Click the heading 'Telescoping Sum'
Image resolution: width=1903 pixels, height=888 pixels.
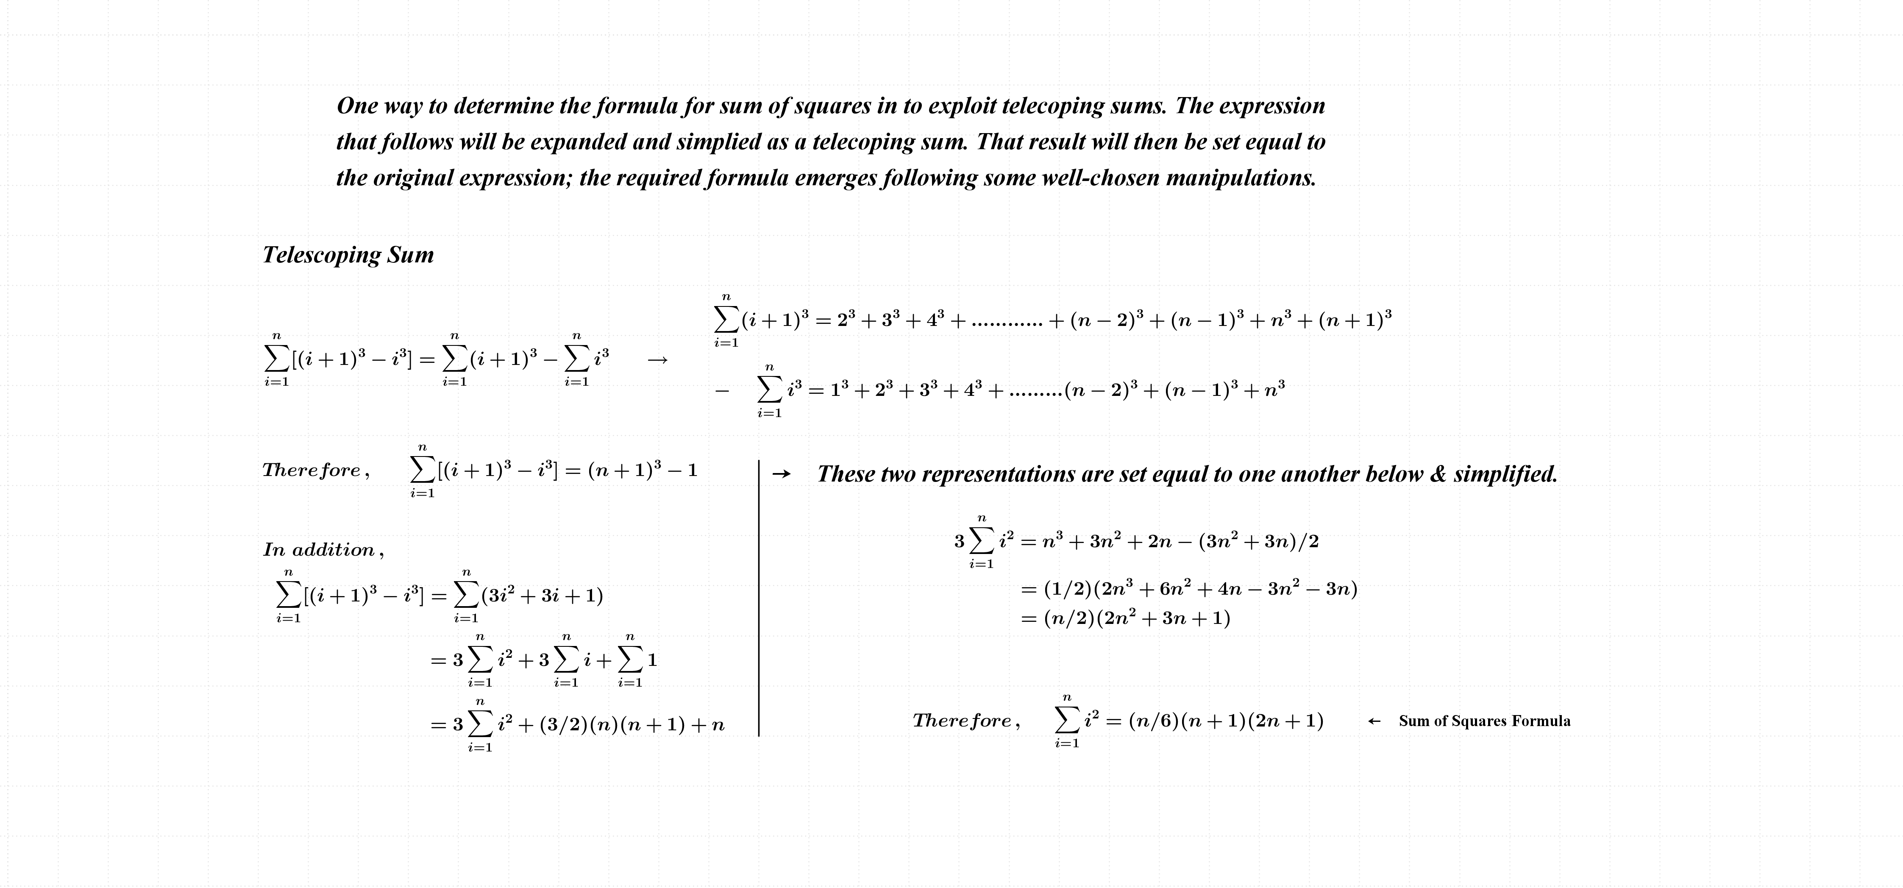pyautogui.click(x=348, y=255)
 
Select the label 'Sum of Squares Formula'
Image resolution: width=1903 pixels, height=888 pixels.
pyautogui.click(x=1484, y=721)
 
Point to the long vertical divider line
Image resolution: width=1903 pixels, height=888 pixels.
pyautogui.click(x=759, y=598)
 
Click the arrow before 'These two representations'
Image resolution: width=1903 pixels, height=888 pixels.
pyautogui.click(x=781, y=474)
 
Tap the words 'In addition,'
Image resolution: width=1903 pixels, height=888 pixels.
pyautogui.click(x=323, y=550)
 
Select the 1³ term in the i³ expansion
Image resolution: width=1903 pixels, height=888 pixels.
pyautogui.click(x=840, y=390)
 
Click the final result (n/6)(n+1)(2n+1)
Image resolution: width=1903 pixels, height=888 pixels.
pyautogui.click(x=1226, y=721)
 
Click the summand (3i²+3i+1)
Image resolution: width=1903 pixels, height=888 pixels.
pyautogui.click(x=542, y=596)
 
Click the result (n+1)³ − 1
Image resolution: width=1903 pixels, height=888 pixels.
pyautogui.click(x=643, y=470)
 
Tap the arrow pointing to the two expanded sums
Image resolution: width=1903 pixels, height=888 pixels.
pyautogui.click(x=657, y=361)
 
